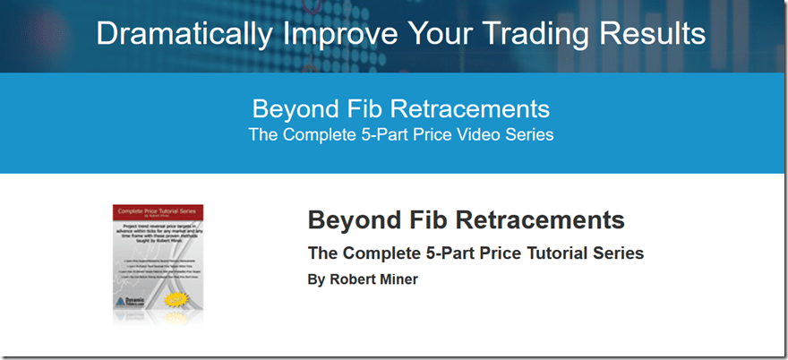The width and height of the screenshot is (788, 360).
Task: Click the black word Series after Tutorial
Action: [617, 253]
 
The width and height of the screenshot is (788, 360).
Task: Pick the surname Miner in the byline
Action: [399, 279]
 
